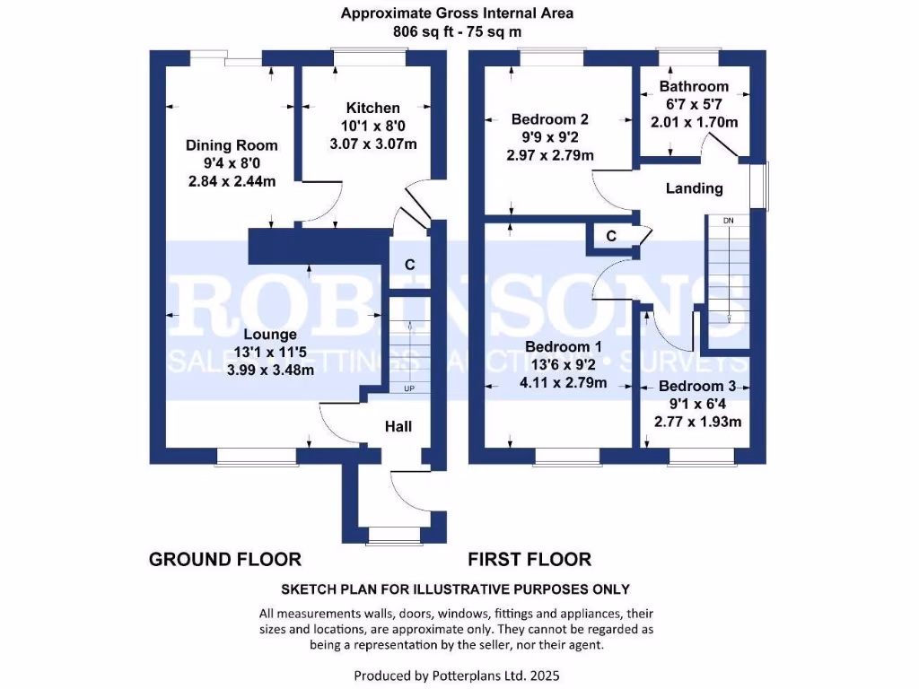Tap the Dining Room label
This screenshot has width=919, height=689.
click(232, 145)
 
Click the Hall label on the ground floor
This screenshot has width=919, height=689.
click(398, 426)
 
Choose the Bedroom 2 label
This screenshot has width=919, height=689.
click(550, 118)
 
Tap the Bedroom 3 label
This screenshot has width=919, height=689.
click(696, 386)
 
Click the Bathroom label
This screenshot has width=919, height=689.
click(694, 87)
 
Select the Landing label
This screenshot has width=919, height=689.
click(694, 188)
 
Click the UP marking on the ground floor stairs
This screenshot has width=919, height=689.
click(409, 388)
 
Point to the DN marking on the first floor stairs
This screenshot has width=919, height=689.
click(728, 220)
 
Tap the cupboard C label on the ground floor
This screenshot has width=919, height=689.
click(409, 265)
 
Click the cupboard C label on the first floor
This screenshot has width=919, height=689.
click(611, 237)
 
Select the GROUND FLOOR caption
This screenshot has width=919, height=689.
click(224, 560)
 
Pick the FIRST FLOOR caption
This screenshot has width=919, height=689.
click(530, 560)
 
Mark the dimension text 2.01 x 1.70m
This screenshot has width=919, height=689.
click(694, 122)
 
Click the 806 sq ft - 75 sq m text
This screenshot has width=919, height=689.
click(458, 31)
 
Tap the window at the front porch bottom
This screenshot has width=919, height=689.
click(395, 536)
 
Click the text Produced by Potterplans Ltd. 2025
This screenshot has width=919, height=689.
click(458, 675)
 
